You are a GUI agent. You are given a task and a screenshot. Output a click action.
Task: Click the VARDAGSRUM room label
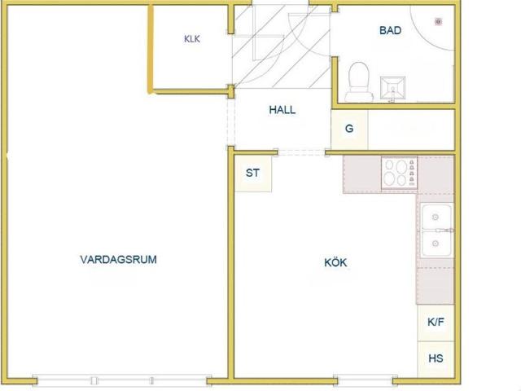[x=118, y=259]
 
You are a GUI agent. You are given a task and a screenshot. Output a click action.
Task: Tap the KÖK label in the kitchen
[x=335, y=262]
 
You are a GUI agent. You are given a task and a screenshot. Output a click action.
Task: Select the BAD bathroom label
[x=391, y=30]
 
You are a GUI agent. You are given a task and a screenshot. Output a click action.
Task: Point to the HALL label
[x=282, y=110]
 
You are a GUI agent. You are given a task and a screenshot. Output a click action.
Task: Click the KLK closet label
[x=192, y=39]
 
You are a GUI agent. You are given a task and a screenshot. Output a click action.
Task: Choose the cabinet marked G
[x=349, y=130]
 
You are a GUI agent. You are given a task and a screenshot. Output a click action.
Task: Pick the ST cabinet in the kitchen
[x=253, y=174]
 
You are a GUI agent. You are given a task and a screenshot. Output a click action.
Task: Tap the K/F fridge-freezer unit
[x=436, y=323]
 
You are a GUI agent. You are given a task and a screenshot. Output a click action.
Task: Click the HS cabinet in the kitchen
[x=436, y=359]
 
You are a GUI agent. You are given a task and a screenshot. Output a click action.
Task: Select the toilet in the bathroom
[x=359, y=81]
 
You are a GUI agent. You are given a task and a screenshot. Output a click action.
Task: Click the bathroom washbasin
[x=392, y=88]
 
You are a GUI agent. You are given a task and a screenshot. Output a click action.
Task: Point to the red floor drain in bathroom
[x=439, y=22]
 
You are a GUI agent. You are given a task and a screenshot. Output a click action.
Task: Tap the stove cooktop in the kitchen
[x=400, y=174]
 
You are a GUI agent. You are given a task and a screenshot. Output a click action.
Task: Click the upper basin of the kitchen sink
[x=436, y=217]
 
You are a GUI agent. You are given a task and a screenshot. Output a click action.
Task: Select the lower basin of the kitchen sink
[x=436, y=244]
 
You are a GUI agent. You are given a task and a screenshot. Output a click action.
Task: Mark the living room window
[x=121, y=380]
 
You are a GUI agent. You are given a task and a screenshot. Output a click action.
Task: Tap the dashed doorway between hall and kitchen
[x=302, y=152]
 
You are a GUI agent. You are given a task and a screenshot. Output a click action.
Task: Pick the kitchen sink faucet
[x=445, y=230]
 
